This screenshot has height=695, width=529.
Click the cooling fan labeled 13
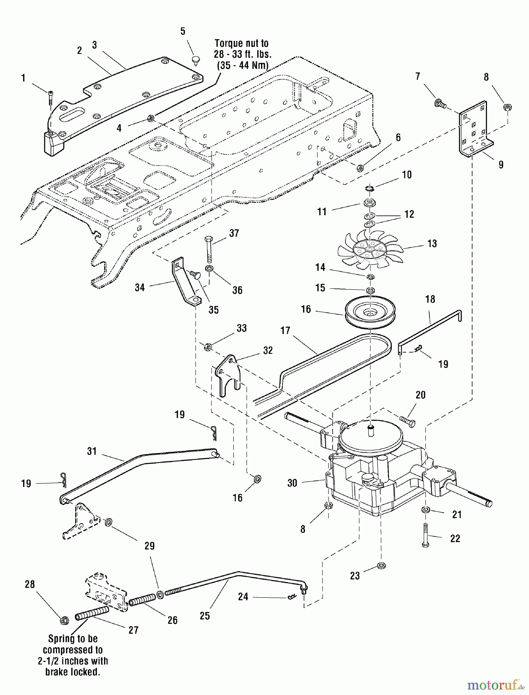click(368, 251)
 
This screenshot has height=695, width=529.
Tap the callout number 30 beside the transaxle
click(292, 483)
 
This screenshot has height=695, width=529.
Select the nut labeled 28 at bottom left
click(63, 620)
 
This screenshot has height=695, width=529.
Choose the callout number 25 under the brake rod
click(205, 615)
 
